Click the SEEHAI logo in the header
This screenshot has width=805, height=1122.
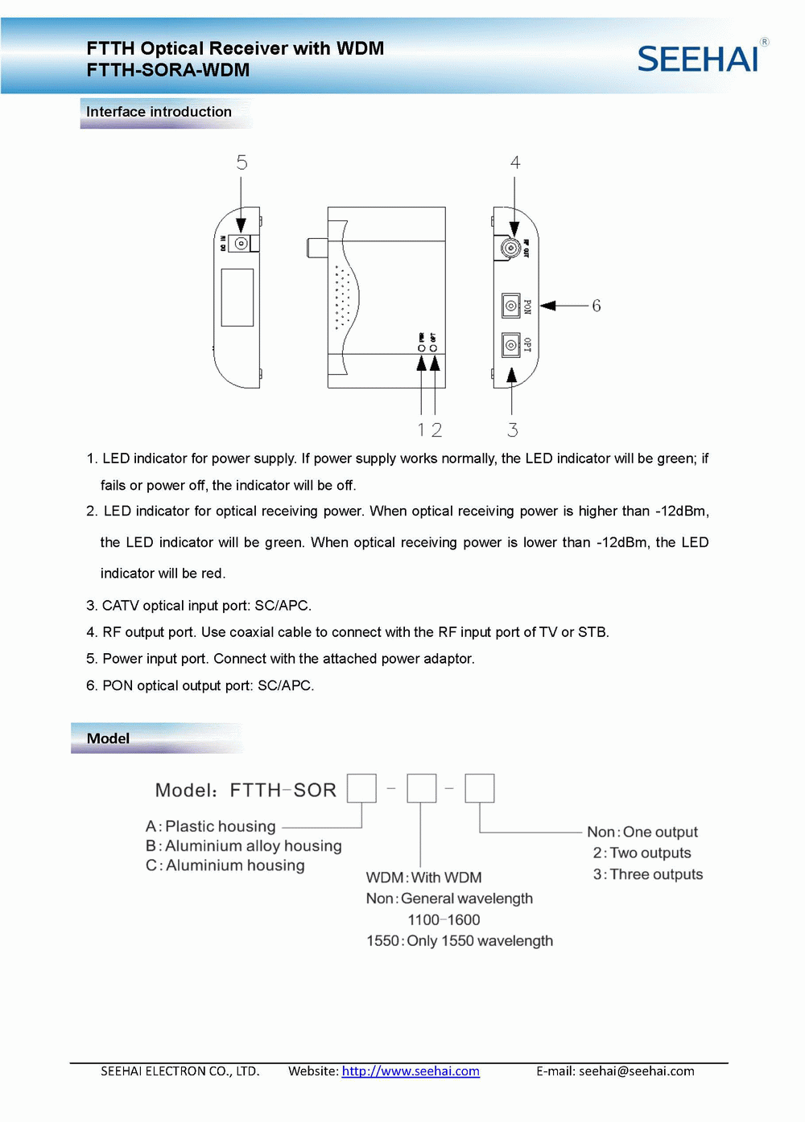[x=699, y=58]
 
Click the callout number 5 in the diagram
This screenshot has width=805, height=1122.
[x=242, y=163]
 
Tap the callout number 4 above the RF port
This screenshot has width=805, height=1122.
[x=515, y=162]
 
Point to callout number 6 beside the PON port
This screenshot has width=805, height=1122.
[x=597, y=306]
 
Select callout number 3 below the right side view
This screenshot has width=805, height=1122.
[x=513, y=430]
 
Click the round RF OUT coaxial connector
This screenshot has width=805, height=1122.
[x=510, y=248]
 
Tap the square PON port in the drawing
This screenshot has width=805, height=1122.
[x=510, y=306]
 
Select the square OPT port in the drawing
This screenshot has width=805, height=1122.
[x=510, y=345]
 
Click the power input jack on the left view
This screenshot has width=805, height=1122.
[x=240, y=243]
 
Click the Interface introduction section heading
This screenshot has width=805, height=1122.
[x=159, y=112]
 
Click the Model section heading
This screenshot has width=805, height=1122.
[x=108, y=738]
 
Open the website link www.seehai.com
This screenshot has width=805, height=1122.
[x=411, y=1071]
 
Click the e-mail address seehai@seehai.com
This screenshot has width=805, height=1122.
[x=636, y=1071]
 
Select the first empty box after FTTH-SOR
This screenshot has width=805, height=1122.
[x=361, y=788]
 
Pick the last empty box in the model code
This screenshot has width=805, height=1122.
[x=480, y=788]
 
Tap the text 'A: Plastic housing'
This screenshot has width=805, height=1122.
[x=210, y=826]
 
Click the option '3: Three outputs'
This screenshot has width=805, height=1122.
[x=648, y=874]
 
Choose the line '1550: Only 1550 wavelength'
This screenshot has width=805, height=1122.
[x=460, y=941]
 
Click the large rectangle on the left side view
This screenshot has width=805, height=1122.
[x=237, y=297]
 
